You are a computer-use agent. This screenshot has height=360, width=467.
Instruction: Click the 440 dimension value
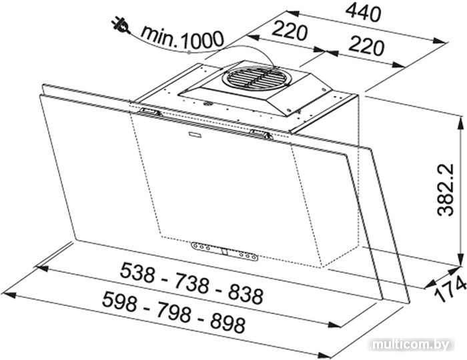pos(364,13)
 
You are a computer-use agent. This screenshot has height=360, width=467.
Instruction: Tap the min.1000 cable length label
pos(182,38)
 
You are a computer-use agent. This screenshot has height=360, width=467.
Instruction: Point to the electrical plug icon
pos(121,25)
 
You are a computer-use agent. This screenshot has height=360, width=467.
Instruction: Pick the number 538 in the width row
pos(137,273)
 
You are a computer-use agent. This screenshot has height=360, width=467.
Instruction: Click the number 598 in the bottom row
pos(119,301)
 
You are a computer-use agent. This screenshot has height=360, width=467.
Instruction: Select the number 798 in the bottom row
pos(173,313)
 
